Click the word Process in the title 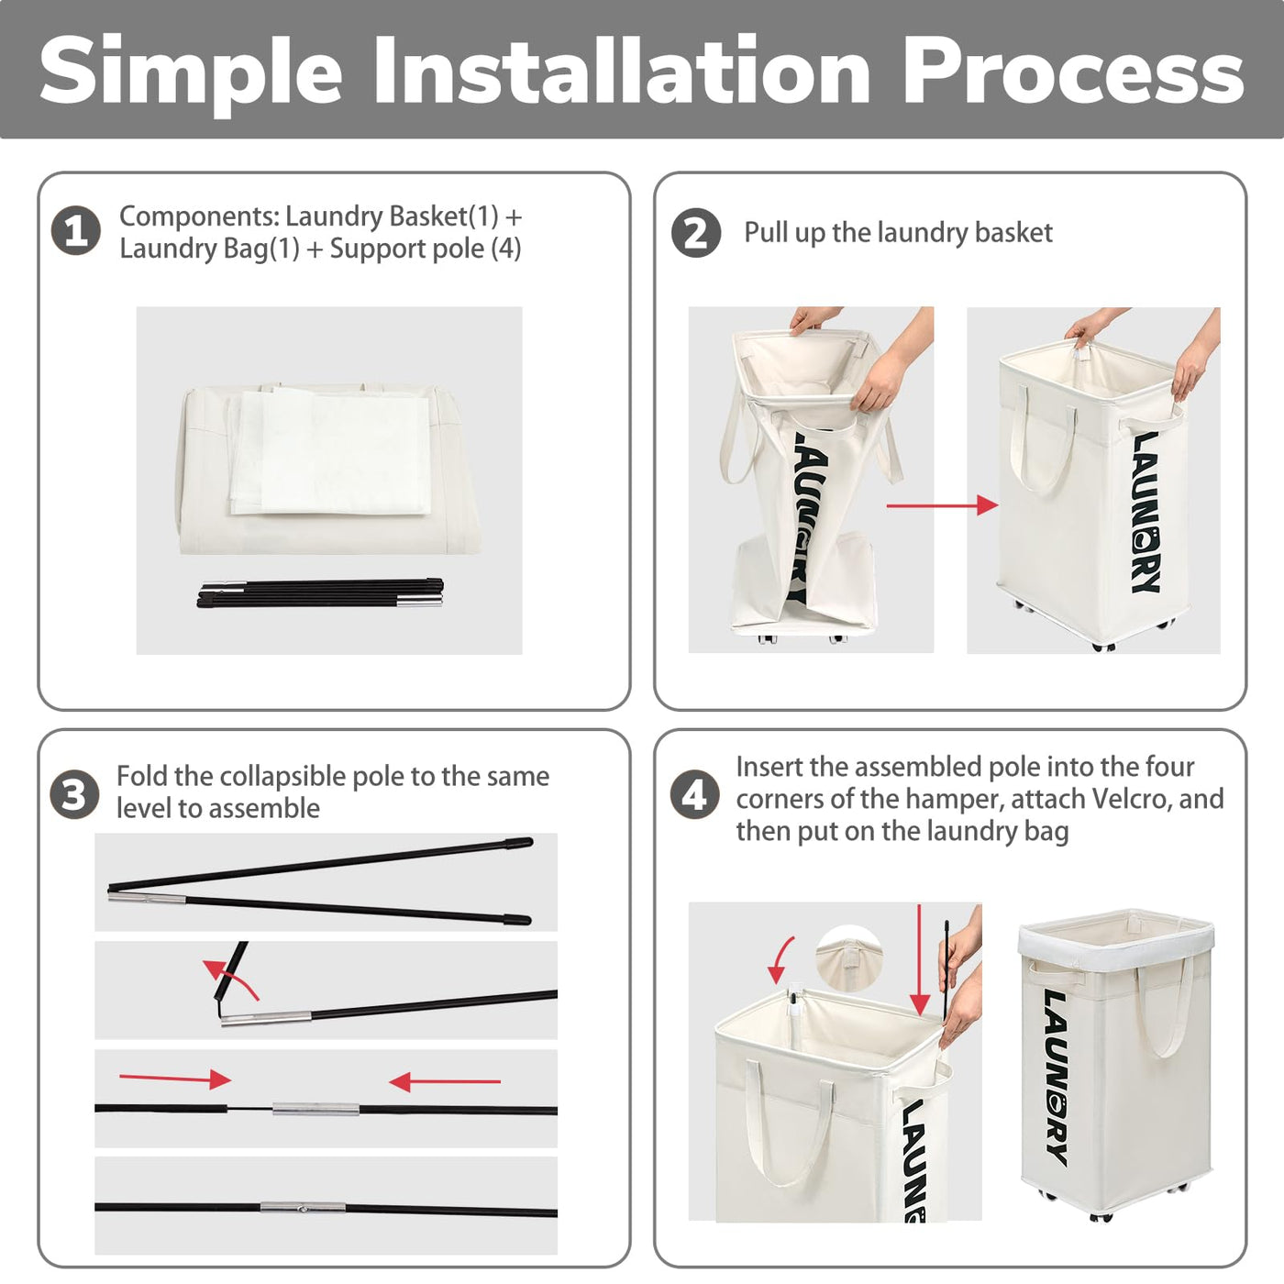pos(1073,71)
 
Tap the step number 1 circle pos(76,230)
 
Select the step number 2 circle pos(696,233)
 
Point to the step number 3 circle pos(74,794)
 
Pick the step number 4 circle pos(694,795)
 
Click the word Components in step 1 pos(199,217)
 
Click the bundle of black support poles pos(320,593)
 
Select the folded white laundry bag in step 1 pos(331,451)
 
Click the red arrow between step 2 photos pos(942,505)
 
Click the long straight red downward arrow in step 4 pos(920,959)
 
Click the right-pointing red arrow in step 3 pos(175,1079)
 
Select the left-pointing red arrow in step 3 pos(445,1081)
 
